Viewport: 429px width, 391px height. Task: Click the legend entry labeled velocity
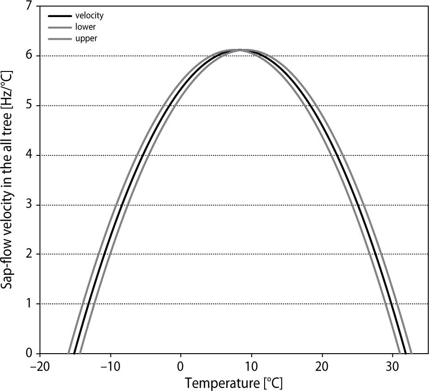coord(89,16)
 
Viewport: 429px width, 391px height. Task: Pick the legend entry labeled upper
coord(86,39)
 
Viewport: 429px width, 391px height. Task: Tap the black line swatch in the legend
coord(60,16)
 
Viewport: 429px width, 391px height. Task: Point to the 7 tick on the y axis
coord(29,6)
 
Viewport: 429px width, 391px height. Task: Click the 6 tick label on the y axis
coord(29,55)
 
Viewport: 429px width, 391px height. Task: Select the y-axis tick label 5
coord(29,105)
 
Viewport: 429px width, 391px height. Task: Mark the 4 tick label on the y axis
coord(29,155)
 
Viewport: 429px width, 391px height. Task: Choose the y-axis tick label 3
coord(29,205)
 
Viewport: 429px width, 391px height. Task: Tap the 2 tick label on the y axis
coord(29,254)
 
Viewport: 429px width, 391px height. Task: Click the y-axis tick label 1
coord(29,304)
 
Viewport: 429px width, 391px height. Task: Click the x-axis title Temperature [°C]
coord(234,382)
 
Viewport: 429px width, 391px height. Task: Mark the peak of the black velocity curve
coord(240,50)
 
